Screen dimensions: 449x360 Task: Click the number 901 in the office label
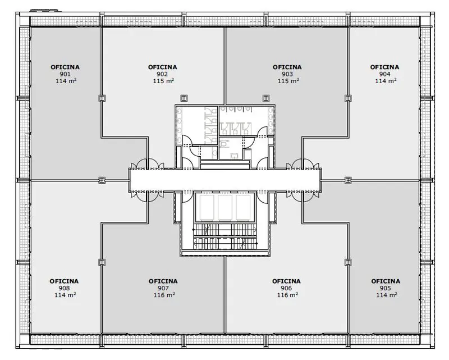pos(65,74)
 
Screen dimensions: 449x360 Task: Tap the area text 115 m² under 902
pos(163,81)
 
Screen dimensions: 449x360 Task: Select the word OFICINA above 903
pos(287,67)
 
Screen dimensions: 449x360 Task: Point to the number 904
pos(384,74)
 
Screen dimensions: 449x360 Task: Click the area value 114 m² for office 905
pos(387,295)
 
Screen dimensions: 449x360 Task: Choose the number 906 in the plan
pos(286,288)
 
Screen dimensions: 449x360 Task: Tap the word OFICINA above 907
pos(163,281)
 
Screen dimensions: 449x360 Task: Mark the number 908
pos(64,288)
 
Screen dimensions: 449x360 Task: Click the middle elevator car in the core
pos(225,207)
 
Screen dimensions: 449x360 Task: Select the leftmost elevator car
pos(207,207)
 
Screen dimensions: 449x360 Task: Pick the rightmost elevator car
pos(243,207)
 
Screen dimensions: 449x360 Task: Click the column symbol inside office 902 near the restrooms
pos(184,98)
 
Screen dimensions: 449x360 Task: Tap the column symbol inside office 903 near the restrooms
pos(266,98)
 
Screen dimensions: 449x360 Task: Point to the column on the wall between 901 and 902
pos(102,98)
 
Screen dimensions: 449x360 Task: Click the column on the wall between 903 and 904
pos(348,98)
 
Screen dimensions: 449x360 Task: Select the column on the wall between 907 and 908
pos(102,262)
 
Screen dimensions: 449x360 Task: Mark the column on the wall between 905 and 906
pos(348,262)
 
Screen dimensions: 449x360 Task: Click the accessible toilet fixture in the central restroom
pos(226,143)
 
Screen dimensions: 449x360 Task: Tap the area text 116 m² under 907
pos(164,295)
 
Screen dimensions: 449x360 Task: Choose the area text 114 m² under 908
pos(65,295)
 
